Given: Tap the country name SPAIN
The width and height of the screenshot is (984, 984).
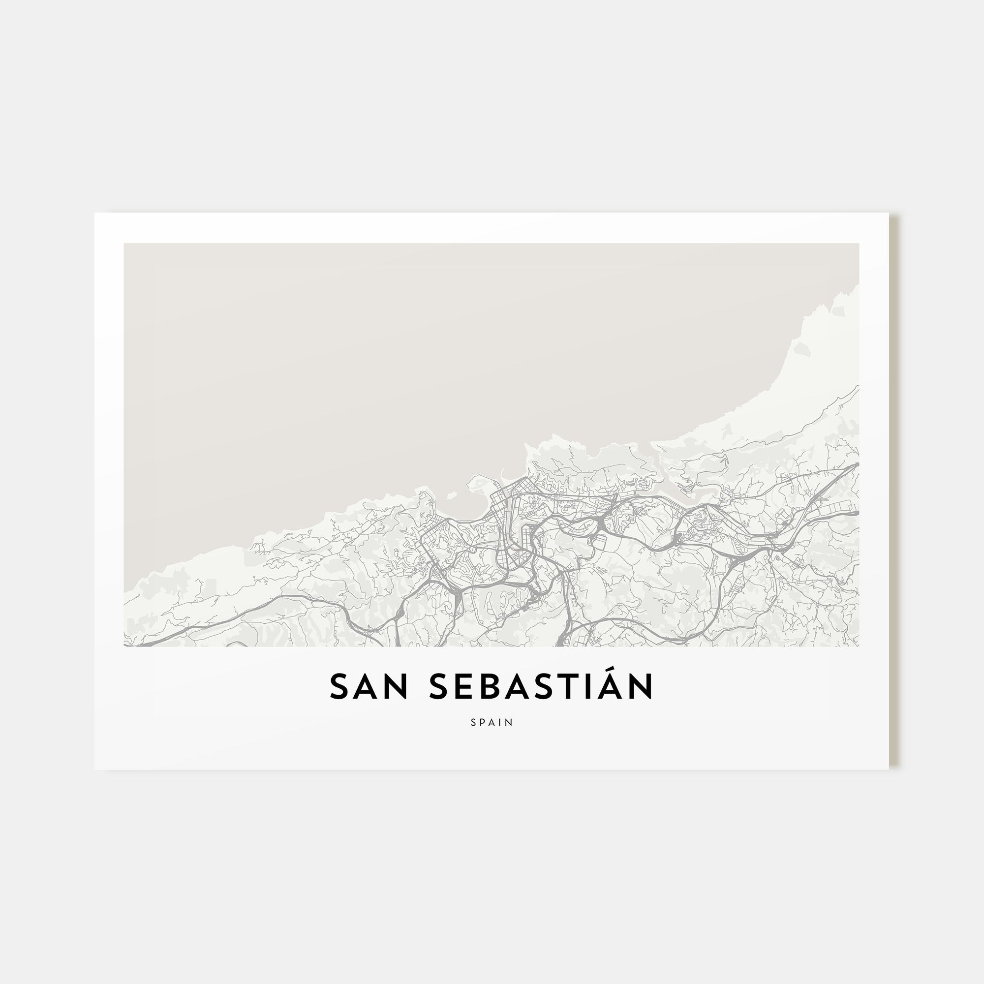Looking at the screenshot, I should click(x=492, y=723).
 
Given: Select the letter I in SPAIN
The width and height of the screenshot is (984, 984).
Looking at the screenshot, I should click(x=501, y=723).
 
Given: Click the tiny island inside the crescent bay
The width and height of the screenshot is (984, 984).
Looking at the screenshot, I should click(x=451, y=493).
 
